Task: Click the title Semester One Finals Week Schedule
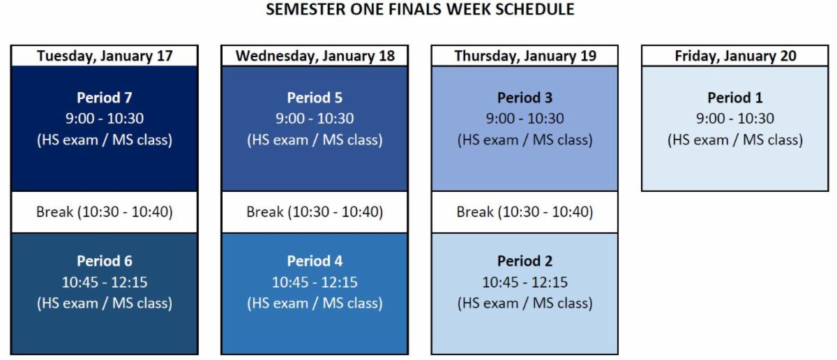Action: [421, 10]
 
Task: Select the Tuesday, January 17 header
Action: [105, 57]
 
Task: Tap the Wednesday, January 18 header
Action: [315, 57]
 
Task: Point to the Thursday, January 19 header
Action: [525, 57]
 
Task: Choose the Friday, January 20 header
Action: [735, 57]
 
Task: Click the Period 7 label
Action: [105, 98]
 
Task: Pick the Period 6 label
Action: [105, 261]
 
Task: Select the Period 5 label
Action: [315, 98]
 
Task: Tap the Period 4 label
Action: [315, 261]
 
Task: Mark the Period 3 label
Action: [525, 98]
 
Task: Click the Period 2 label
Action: [525, 261]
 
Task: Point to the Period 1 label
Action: [735, 98]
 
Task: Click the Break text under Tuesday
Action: [105, 212]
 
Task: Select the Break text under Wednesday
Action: [315, 212]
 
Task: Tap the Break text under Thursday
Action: [525, 212]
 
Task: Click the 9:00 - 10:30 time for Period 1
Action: [735, 119]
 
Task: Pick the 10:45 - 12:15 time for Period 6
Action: [105, 283]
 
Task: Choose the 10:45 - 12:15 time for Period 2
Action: [525, 283]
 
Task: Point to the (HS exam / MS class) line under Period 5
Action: [315, 140]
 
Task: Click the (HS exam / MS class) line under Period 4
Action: [315, 303]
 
